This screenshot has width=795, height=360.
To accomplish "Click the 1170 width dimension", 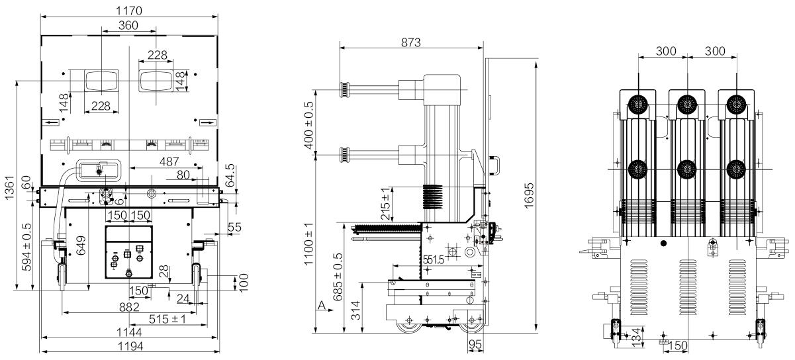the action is [x=129, y=11].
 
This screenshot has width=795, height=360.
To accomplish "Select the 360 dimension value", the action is [x=128, y=26].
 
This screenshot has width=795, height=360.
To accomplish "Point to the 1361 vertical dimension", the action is [x=9, y=188].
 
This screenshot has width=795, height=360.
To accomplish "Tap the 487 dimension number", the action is [x=169, y=161].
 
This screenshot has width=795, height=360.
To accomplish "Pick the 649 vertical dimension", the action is [x=81, y=246].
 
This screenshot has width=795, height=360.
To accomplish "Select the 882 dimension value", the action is [x=129, y=307].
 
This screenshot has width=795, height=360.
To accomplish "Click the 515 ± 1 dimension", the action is [x=167, y=319].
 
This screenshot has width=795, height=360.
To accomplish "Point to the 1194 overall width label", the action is [x=130, y=346].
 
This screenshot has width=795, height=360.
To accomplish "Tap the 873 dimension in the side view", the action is [x=410, y=43].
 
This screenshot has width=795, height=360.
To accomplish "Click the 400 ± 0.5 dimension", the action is [x=308, y=125].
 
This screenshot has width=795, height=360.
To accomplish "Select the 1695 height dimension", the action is [x=528, y=195].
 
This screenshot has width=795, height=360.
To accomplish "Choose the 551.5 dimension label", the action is [x=433, y=260].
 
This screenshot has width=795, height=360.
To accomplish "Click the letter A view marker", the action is [x=322, y=305].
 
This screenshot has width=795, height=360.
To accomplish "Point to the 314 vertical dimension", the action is [x=355, y=310].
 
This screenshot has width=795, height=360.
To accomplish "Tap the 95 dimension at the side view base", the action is [x=475, y=344].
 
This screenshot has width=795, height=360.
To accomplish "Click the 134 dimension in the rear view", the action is [x=637, y=337].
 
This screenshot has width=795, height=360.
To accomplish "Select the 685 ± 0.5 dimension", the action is [x=338, y=277].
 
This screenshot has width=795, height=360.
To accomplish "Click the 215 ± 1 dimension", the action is [x=385, y=204].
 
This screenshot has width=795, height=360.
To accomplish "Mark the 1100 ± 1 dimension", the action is [x=308, y=244].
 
